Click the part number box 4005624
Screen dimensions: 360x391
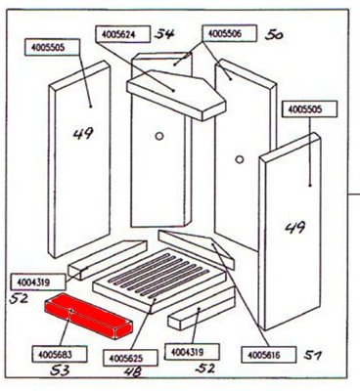coord(123,34)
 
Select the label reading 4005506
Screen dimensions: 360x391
coord(229,33)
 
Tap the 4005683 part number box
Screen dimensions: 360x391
coord(60,354)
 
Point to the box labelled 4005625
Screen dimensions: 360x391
coord(130,359)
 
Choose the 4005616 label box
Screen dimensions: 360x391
coord(269,355)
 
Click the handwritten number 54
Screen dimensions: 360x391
coord(164,34)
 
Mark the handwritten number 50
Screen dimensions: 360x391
coord(273,34)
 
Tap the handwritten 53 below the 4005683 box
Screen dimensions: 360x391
coord(60,370)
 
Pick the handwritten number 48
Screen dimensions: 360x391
coord(133,371)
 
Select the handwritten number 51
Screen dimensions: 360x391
coord(313,355)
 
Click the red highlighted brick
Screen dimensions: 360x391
coord(89,316)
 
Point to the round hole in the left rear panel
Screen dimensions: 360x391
coord(159,136)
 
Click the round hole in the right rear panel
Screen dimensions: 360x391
coord(240,159)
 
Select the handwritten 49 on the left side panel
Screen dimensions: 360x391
coord(83,134)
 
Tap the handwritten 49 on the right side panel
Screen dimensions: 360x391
coord(295,227)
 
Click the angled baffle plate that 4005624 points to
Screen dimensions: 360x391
coord(176,95)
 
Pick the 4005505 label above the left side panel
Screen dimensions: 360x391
coord(52,47)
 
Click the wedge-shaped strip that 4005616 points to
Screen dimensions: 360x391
coord(196,249)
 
